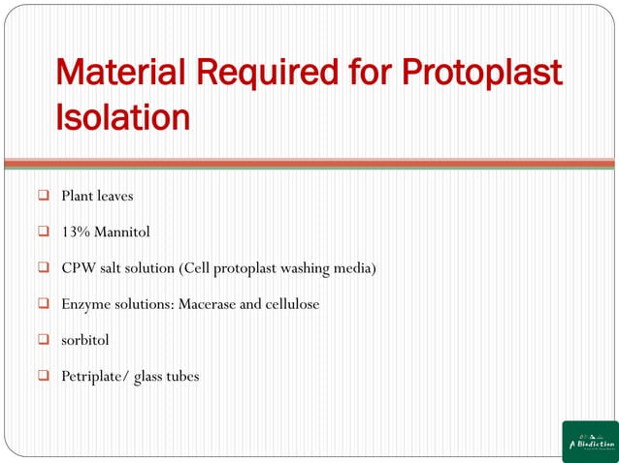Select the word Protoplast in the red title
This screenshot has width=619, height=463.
pos(481,73)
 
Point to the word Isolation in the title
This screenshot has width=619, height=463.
pos(122,117)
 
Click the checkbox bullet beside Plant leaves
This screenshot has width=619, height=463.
pos(44,197)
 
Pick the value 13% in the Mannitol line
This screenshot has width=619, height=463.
pos(76,232)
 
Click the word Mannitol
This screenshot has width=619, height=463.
pos(122,232)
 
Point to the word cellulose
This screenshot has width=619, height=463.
pos(292,304)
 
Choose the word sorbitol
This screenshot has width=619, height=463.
pos(85,340)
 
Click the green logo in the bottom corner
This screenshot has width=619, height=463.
pos(590,442)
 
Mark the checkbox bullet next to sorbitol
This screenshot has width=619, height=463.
pos(44,340)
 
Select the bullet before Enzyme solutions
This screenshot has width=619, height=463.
pos(44,304)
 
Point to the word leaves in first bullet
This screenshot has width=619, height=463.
pos(114,197)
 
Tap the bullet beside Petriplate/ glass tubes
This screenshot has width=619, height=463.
pos(44,376)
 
